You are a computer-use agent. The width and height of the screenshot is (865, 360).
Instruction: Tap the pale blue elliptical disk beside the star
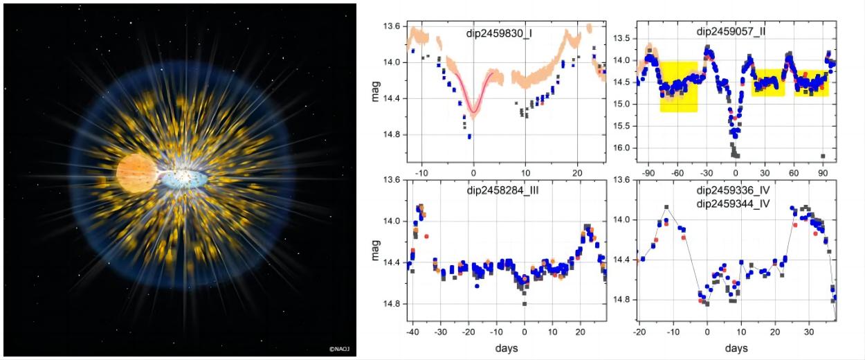click(183, 179)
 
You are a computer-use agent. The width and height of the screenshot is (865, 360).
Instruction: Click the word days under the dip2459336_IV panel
click(736, 347)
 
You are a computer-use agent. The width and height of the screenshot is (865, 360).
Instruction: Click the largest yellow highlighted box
click(678, 87)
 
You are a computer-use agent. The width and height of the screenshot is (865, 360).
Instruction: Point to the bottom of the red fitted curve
click(473, 111)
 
